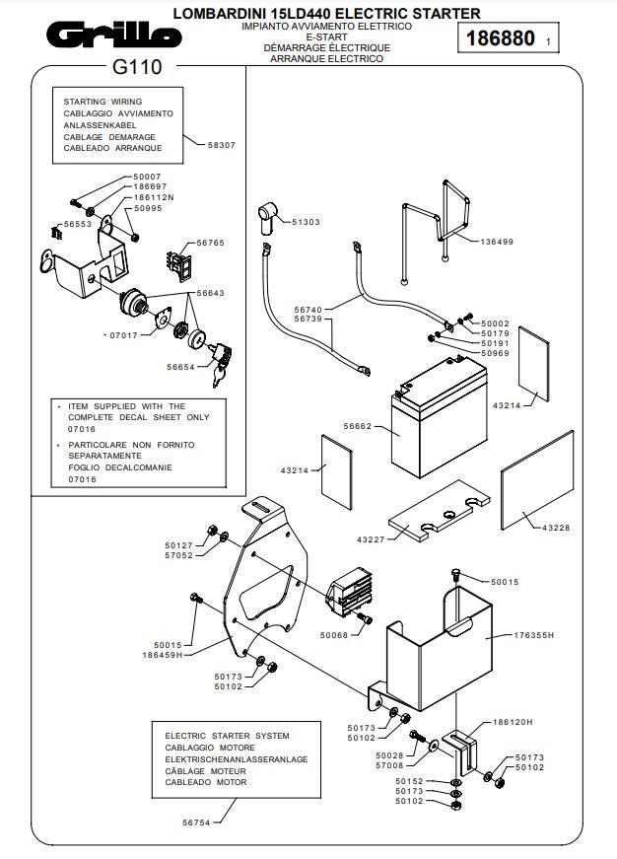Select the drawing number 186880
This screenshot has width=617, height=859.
click(x=501, y=38)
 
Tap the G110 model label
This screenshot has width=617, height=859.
click(x=132, y=69)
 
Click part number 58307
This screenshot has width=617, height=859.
click(x=222, y=145)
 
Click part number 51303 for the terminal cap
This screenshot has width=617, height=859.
click(x=307, y=223)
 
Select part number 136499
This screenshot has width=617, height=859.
click(x=497, y=242)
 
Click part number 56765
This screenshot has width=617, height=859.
click(x=210, y=242)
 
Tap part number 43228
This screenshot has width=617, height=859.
click(x=556, y=529)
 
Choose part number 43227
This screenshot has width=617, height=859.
click(x=371, y=539)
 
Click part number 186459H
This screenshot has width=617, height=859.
click(x=163, y=654)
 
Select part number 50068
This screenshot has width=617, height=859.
click(x=334, y=636)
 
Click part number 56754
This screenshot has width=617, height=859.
click(x=197, y=820)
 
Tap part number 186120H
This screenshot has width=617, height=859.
click(x=512, y=722)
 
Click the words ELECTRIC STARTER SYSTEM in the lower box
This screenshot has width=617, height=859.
click(x=227, y=736)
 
